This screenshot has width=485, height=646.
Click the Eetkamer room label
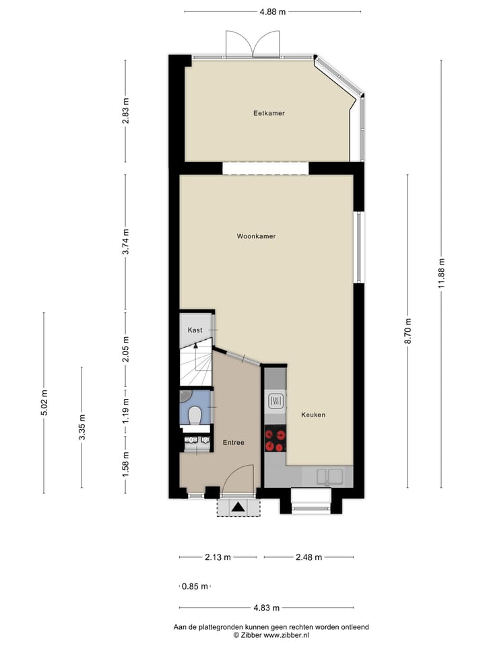(x=269, y=113)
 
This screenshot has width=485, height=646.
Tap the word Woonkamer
(x=256, y=236)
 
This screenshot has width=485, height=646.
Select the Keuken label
(x=313, y=415)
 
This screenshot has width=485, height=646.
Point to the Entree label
(x=233, y=442)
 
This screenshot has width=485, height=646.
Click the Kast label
(x=195, y=330)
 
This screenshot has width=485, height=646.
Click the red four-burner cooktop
(x=276, y=439)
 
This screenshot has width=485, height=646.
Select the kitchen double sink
(x=331, y=476)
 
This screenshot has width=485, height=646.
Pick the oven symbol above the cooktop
(x=276, y=402)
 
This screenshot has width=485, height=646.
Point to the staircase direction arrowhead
(x=196, y=345)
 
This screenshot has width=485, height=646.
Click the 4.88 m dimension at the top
(x=272, y=11)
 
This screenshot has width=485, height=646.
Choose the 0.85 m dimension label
(x=195, y=587)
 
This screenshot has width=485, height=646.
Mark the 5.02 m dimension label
(x=44, y=402)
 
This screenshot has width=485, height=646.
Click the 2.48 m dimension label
(x=308, y=557)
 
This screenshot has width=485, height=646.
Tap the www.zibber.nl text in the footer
(x=286, y=635)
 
